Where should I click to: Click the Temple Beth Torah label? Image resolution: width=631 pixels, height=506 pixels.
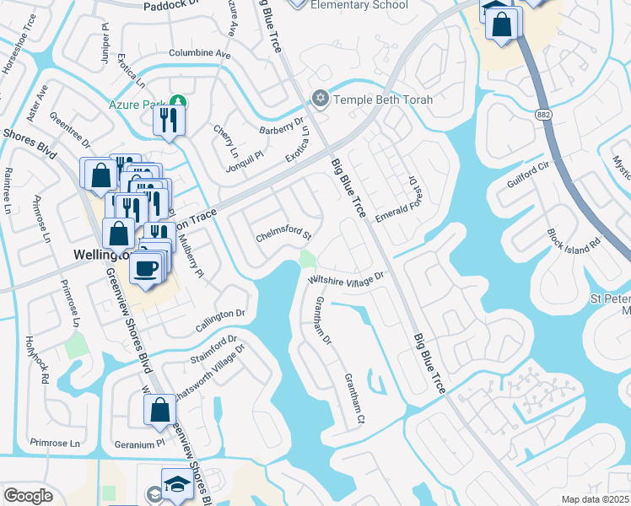coord(384,100)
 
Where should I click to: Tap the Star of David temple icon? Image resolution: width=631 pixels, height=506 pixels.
coord(320,100)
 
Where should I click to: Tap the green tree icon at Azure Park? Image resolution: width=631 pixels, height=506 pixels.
coord(178,105)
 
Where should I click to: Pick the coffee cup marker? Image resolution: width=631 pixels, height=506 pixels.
coord(147,267)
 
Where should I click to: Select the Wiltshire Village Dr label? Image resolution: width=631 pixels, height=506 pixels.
coord(346,277)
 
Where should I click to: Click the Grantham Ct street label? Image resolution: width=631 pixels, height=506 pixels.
coord(353,399)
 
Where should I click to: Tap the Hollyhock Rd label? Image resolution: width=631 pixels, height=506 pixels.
coord(35,360)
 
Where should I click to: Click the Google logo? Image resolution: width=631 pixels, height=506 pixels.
coord(28,495)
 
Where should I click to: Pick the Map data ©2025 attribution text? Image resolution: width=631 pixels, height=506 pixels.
coord(594,499)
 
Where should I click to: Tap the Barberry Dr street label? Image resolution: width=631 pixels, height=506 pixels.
coord(282,126)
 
